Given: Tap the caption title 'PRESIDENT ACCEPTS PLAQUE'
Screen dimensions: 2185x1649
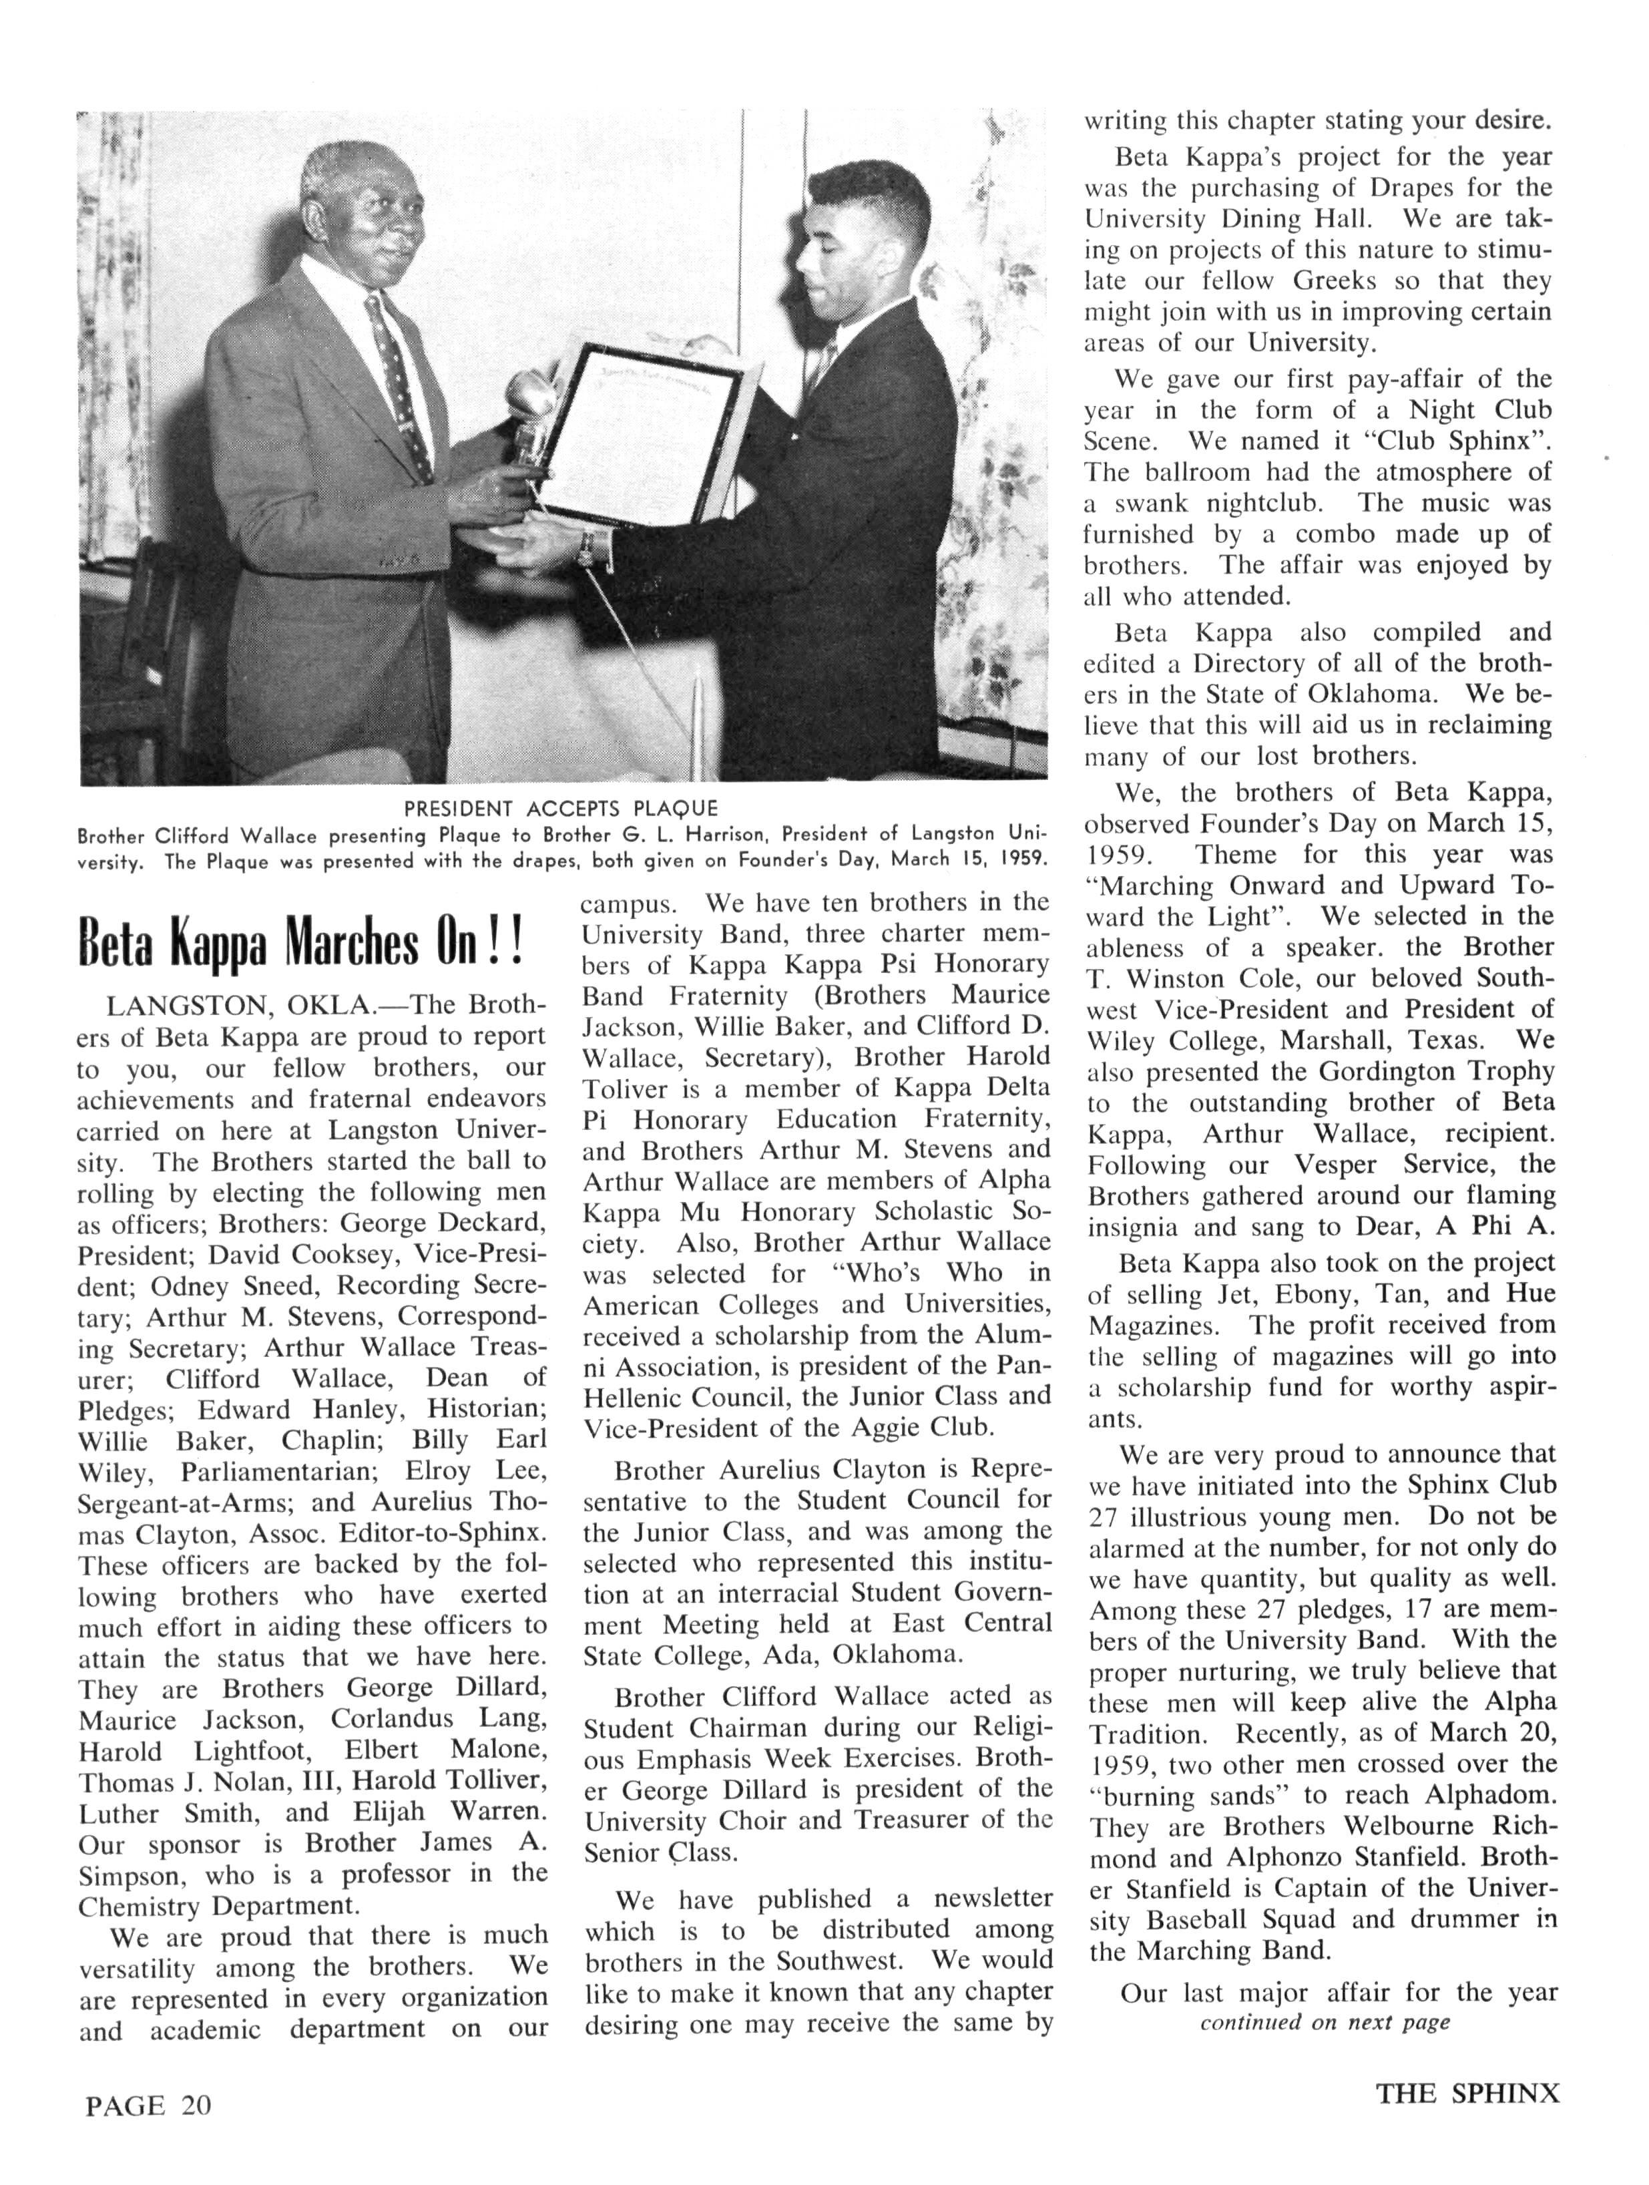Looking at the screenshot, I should coord(561,808).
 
